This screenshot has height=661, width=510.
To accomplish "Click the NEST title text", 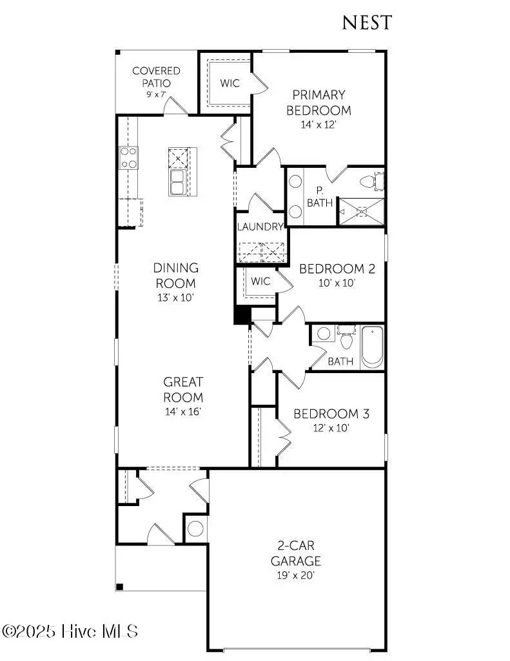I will click(x=366, y=23).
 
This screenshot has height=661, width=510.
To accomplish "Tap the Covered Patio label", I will click(x=156, y=77).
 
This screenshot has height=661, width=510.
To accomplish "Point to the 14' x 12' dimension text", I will click(x=319, y=125).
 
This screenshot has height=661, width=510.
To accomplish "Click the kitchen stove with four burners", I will click(x=129, y=158).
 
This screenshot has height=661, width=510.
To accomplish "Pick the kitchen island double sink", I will click(x=179, y=183).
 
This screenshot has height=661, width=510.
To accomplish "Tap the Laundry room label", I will click(x=260, y=227).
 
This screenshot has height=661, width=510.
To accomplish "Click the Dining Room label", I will click(x=175, y=276).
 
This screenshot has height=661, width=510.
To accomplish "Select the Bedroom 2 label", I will click(x=337, y=269).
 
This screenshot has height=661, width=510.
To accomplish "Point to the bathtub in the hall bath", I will click(x=372, y=347).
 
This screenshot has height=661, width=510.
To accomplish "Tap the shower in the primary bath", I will click(x=362, y=211).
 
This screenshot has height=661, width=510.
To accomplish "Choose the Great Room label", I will click(x=183, y=390).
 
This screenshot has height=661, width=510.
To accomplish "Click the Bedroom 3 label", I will click(x=331, y=414).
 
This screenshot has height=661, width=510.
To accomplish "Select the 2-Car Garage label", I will click(x=295, y=554).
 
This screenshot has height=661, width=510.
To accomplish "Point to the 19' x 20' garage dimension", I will click(x=295, y=575).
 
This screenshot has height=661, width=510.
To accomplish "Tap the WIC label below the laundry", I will click(x=260, y=281).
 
